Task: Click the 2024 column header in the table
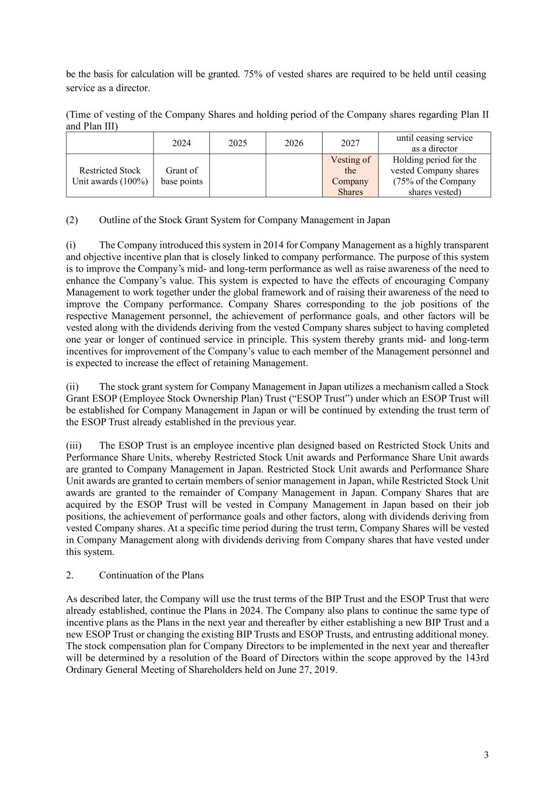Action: coord(181,143)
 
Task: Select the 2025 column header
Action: coord(238,143)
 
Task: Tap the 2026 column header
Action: coord(293,143)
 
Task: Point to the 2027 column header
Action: coord(350,143)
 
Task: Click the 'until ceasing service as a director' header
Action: coord(434,143)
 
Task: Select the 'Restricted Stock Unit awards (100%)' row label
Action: coord(110,176)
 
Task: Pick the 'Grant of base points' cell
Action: coord(181,176)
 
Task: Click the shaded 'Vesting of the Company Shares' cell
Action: coord(350,176)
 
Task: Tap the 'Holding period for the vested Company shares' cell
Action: coord(434,176)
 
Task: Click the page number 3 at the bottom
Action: coord(486,755)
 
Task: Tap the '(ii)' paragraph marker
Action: coord(72,386)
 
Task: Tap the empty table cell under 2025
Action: coord(238,176)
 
